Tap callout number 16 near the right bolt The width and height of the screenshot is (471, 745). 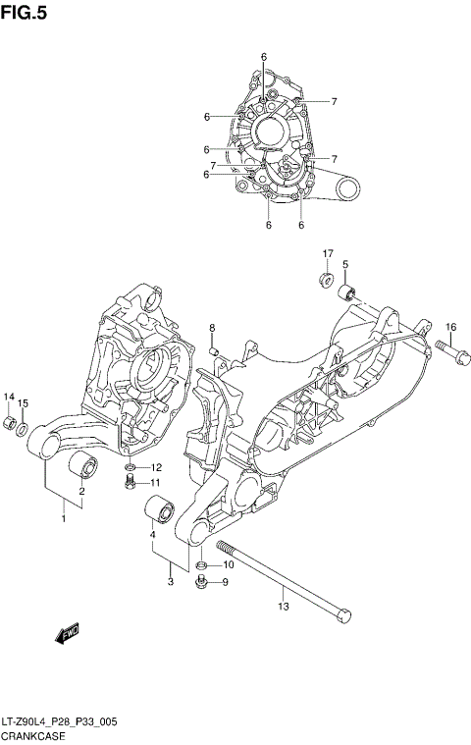[450, 327]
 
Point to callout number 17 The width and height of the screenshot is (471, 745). [329, 254]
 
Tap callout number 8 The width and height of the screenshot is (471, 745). [210, 328]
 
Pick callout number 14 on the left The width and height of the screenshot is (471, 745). [9, 397]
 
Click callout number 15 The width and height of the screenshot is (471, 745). [24, 403]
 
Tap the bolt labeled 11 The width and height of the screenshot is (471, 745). [129, 482]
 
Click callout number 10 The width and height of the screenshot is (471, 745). [228, 564]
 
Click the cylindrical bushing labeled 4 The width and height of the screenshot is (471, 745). [159, 511]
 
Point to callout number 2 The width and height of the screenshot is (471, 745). [81, 491]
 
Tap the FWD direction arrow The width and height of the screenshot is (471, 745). [70, 634]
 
